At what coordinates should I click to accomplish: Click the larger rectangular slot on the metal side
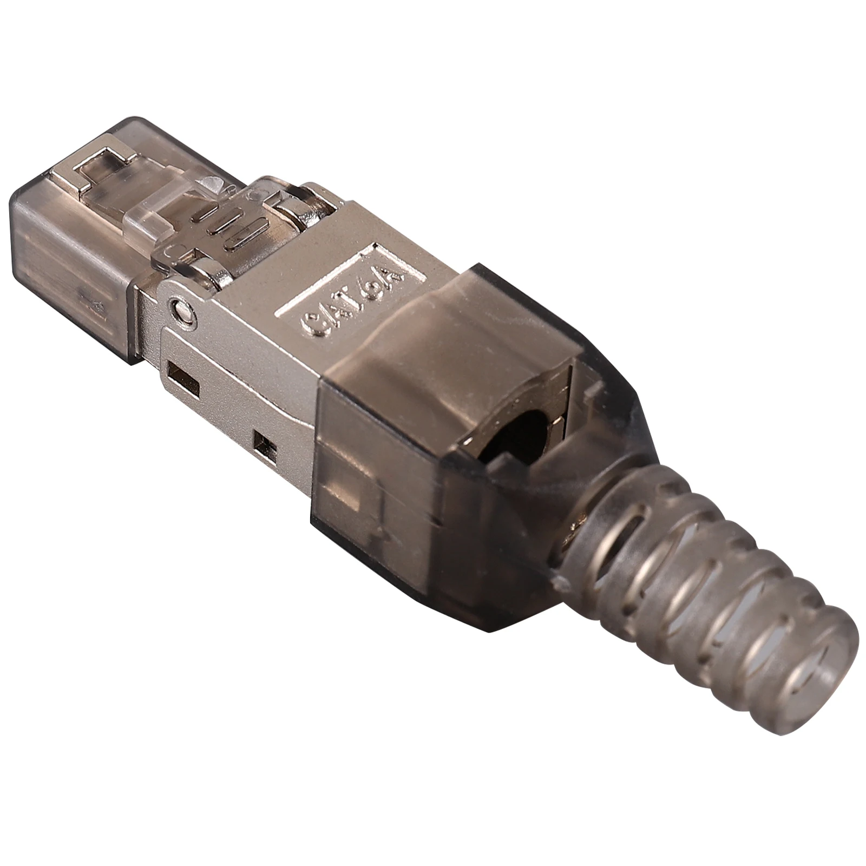185,378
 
